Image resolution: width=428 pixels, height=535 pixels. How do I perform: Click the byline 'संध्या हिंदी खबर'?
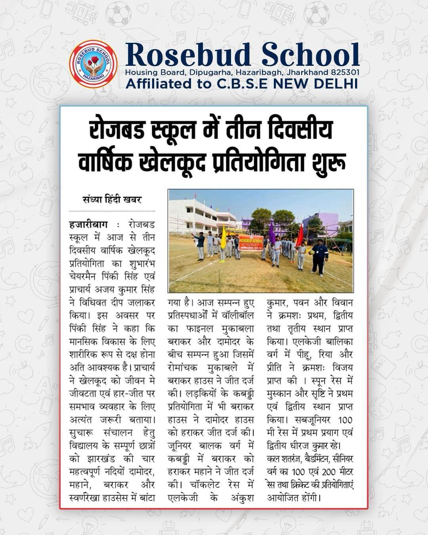coord(112,200)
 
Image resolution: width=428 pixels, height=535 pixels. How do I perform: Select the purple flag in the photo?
coord(272,234)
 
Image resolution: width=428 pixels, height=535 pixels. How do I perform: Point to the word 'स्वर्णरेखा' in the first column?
coord(86,497)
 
